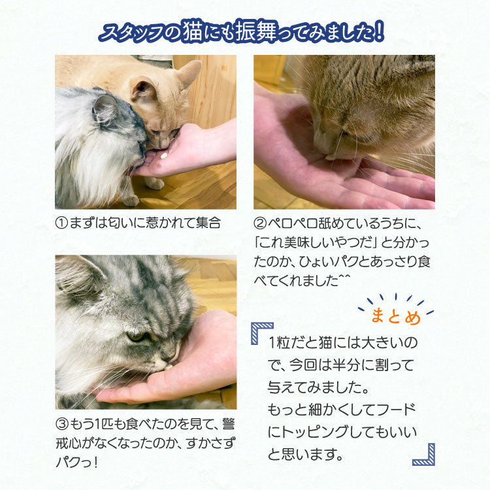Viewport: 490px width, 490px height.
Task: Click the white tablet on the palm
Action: (x=163, y=155)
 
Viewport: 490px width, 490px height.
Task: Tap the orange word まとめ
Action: (x=396, y=317)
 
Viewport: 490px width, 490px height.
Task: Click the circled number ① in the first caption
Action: (x=61, y=223)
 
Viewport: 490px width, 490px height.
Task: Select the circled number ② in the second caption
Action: (x=260, y=223)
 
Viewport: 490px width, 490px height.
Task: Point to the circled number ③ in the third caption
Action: (x=62, y=424)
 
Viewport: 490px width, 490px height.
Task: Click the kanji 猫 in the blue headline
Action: (x=191, y=31)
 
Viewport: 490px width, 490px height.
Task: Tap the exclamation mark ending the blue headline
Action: (x=378, y=31)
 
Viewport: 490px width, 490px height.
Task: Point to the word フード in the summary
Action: (x=396, y=410)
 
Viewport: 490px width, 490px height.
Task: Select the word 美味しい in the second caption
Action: (x=304, y=242)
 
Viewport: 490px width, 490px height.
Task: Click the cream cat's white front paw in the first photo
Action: (x=155, y=184)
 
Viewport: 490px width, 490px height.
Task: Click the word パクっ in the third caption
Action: (x=74, y=462)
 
